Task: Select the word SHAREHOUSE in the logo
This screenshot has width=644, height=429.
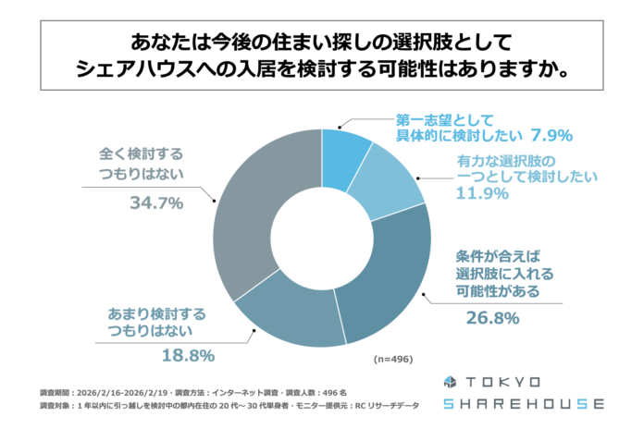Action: tap(524, 404)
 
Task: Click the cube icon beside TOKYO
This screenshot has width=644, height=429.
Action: tap(451, 382)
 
